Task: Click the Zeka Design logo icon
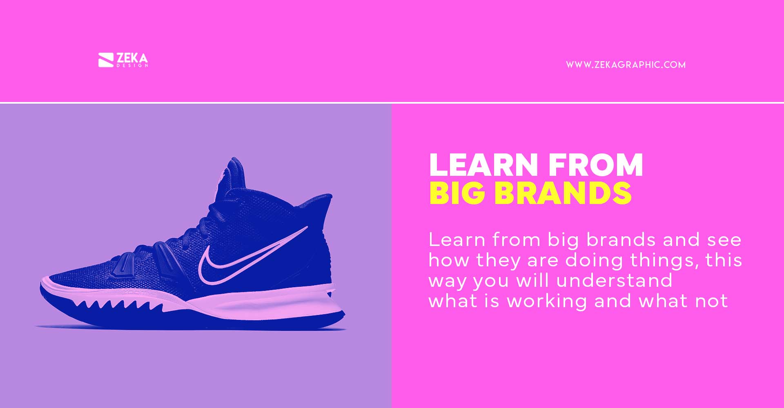105,60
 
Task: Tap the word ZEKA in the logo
132,58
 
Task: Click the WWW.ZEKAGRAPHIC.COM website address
626,65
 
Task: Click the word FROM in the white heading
595,165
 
